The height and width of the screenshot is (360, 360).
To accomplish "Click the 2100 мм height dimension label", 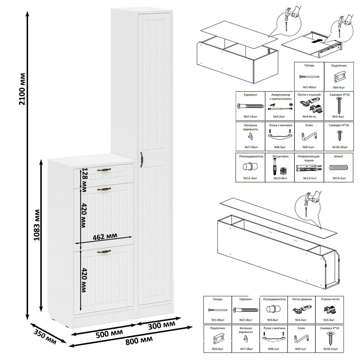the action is pyautogui.click(x=22, y=89).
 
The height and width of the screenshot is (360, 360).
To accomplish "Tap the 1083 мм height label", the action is pyautogui.click(x=37, y=225).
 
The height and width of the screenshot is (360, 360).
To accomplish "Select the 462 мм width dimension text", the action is pyautogui.click(x=105, y=237).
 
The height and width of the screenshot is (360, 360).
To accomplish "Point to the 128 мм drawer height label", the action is pyautogui.click(x=84, y=180).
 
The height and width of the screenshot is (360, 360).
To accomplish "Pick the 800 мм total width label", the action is pyautogui.click(x=139, y=341).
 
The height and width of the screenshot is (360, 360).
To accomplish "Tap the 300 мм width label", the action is pyautogui.click(x=162, y=325).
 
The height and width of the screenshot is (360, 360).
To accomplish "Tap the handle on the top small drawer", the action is pyautogui.click(x=104, y=170).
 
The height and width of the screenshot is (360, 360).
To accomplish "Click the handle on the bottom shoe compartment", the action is pyautogui.click(x=104, y=252).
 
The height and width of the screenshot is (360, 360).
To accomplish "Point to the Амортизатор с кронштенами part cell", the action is pyautogui.click(x=280, y=106).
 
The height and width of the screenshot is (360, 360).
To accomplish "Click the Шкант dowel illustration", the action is pyautogui.click(x=338, y=168).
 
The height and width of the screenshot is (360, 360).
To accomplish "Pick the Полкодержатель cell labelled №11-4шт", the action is pyautogui.click(x=250, y=168).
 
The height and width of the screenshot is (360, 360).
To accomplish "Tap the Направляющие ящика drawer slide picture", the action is pyautogui.click(x=309, y=168).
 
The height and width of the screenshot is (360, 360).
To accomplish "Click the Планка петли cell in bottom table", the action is pyautogui.click(x=330, y=310).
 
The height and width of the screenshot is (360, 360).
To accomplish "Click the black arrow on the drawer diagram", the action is pyautogui.click(x=317, y=41).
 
